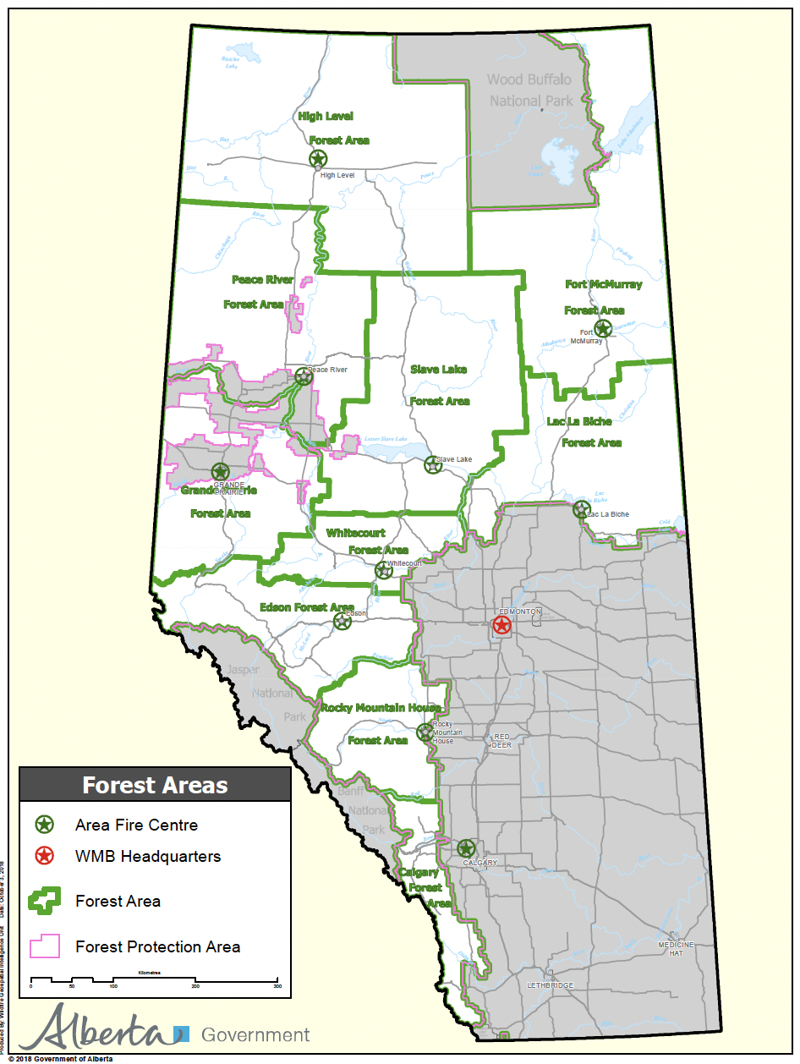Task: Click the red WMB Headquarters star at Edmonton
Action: click(501, 625)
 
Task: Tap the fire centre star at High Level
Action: click(317, 158)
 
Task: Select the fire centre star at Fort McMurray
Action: click(602, 328)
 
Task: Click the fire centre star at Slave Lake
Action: click(432, 464)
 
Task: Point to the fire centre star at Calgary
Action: click(466, 847)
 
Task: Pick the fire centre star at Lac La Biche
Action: click(581, 509)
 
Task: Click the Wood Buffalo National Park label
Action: click(529, 90)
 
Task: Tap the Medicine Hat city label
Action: click(677, 948)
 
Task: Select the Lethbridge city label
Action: click(550, 985)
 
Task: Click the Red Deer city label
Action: click(502, 741)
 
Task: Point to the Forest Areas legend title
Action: click(155, 785)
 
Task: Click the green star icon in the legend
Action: click(45, 825)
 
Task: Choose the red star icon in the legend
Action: click(45, 856)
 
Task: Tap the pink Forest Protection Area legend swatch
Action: click(45, 946)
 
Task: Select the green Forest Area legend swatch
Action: click(45, 901)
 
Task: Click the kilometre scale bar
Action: click(154, 979)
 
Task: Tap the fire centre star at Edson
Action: click(342, 622)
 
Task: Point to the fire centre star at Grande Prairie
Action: click(220, 472)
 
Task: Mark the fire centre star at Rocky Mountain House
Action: click(425, 732)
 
